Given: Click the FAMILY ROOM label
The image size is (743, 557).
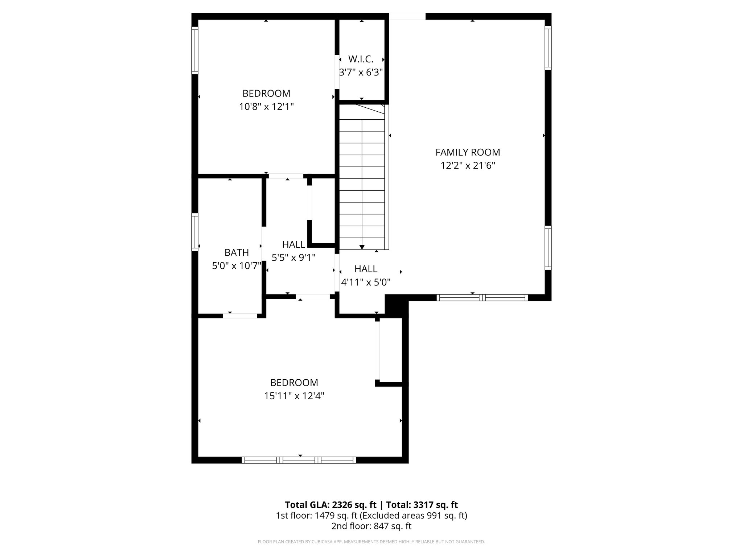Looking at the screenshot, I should [x=467, y=152].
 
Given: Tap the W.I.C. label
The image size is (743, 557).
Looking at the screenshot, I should [x=361, y=59].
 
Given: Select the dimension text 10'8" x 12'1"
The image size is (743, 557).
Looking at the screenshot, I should [x=266, y=107].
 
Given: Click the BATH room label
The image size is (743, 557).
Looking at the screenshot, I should [x=237, y=252].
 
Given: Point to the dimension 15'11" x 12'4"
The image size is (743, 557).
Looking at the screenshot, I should [x=294, y=396].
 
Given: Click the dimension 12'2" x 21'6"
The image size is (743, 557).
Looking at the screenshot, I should [x=467, y=166].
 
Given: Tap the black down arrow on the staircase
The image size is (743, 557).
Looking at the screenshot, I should [x=362, y=247].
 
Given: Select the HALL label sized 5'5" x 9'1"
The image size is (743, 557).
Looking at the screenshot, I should [x=293, y=244].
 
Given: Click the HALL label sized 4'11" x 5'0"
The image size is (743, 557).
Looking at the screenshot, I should [x=366, y=269].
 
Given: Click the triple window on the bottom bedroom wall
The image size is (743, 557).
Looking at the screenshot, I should [x=299, y=460].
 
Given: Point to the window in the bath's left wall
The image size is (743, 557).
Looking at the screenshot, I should [x=195, y=232].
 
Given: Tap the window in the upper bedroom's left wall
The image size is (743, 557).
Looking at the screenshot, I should [x=195, y=50].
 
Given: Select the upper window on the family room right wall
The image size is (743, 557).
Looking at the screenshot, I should [x=548, y=48].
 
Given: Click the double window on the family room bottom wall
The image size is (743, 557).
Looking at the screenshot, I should [x=482, y=298].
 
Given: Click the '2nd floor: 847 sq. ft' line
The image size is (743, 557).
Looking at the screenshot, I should [x=371, y=526].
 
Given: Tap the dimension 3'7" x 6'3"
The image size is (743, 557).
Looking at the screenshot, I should [x=361, y=73].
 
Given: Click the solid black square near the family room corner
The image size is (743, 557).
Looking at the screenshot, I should [x=396, y=305].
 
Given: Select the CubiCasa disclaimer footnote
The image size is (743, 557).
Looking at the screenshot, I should [x=371, y=542].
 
